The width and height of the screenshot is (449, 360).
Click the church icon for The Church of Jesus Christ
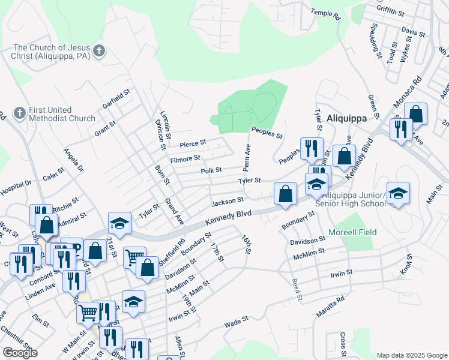pos(100,52)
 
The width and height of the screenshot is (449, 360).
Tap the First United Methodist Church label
pos(62,114)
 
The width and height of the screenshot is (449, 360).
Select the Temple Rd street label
pos(326,14)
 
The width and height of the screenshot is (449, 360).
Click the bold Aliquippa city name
pos(346,118)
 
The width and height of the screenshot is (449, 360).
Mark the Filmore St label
pos(185,158)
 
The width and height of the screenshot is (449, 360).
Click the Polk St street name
pos(211,170)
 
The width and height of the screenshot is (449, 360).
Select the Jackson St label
pos(227,200)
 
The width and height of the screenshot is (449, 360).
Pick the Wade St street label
pos(236,322)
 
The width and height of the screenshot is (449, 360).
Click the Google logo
pos(20,352)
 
